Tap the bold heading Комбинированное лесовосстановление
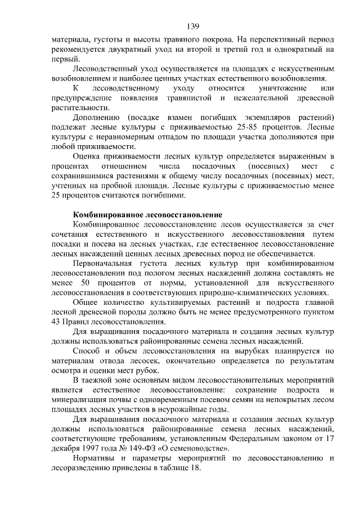(x=148, y=215)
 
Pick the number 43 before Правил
(x=57, y=322)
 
